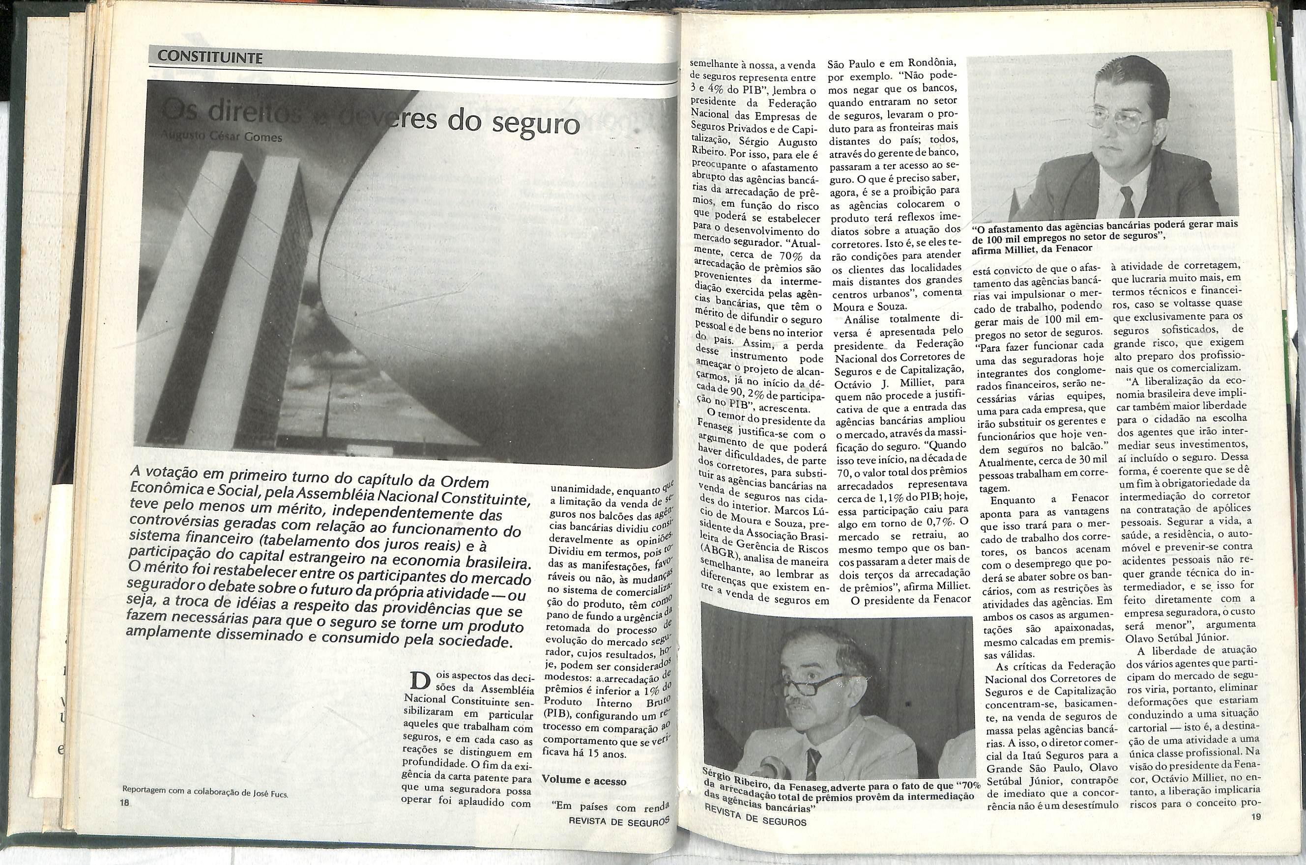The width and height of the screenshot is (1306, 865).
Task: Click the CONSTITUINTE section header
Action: pos(209,57)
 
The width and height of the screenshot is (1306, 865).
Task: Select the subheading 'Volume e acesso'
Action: pos(584,781)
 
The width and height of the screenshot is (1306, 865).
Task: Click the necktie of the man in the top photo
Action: pos(1127,201)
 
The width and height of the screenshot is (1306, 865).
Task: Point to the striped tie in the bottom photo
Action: pos(813,762)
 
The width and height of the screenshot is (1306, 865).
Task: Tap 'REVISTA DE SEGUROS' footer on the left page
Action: pos(618,820)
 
